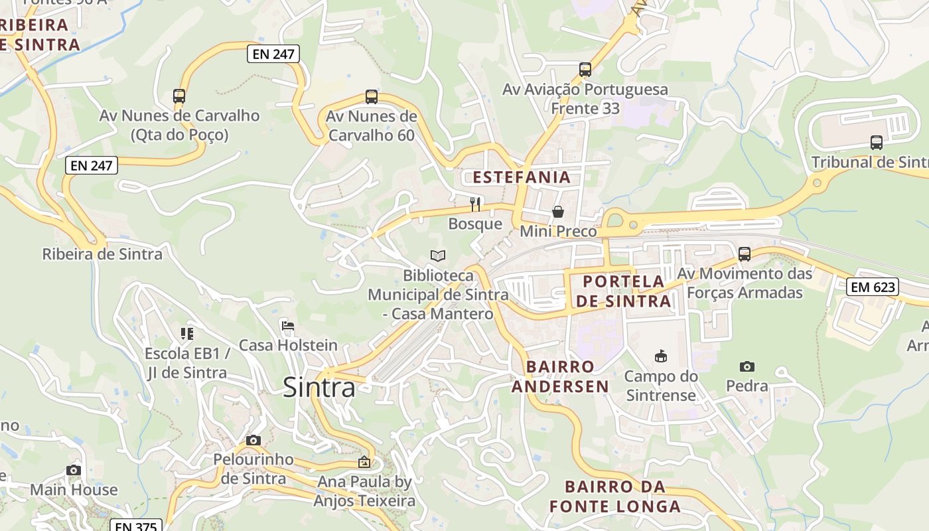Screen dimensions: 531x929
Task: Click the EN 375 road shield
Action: [135, 526]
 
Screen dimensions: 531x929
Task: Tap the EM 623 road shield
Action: [873, 287]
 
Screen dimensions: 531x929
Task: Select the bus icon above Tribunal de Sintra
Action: [876, 142]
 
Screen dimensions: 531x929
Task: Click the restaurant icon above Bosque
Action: [475, 204]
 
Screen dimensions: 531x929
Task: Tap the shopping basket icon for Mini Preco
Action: [558, 212]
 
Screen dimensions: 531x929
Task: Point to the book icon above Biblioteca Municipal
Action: [438, 256]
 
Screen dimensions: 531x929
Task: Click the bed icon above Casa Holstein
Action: [288, 326]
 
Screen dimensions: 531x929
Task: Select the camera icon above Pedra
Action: [747, 366]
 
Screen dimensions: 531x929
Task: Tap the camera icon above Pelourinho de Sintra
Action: [253, 440]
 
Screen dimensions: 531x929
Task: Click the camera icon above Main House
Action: [74, 470]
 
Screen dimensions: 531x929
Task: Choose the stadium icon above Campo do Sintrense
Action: [660, 356]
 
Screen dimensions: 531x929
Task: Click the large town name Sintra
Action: [319, 387]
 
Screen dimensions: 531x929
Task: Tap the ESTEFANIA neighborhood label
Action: [521, 177]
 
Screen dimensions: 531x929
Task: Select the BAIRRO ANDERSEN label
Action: [560, 376]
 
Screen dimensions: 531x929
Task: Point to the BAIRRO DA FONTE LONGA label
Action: [614, 496]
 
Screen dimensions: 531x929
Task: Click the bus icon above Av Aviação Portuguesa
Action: [585, 69]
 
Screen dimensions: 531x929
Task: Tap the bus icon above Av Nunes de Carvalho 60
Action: [372, 97]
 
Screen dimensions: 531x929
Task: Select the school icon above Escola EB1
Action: [187, 333]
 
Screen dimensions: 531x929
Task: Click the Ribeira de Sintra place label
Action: [102, 254]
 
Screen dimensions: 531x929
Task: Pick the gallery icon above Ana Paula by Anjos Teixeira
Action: [364, 462]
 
